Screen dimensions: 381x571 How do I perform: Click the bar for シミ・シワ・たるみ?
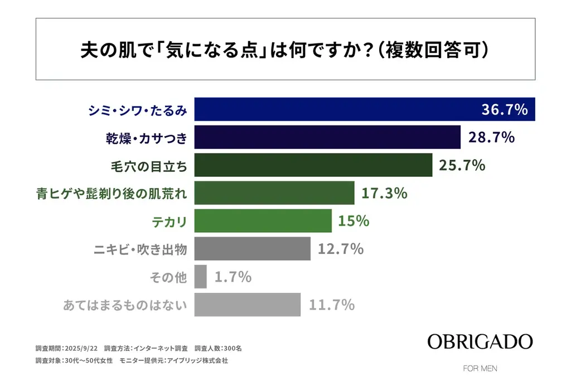tap(335, 109)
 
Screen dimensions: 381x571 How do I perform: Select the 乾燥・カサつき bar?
tap(327, 137)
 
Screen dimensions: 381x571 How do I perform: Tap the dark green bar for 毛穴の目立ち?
tap(313, 165)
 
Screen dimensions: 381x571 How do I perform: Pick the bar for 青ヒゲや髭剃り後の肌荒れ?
tap(274, 193)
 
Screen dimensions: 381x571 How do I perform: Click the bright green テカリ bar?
tap(263, 221)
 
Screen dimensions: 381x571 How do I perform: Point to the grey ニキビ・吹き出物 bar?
tap(252, 249)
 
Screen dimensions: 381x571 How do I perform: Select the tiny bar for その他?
tap(201, 277)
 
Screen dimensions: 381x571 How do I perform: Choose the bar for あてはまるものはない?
tap(248, 305)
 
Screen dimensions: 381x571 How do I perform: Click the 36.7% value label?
tap(504, 109)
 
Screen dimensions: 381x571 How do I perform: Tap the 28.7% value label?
tap(491, 137)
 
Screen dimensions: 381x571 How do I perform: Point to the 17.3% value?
tap(384, 193)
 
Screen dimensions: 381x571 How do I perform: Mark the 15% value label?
tap(354, 221)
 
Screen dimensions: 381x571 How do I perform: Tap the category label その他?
tap(168, 277)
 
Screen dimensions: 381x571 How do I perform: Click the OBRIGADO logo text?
tap(480, 341)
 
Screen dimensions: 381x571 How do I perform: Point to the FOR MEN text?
tap(480, 369)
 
